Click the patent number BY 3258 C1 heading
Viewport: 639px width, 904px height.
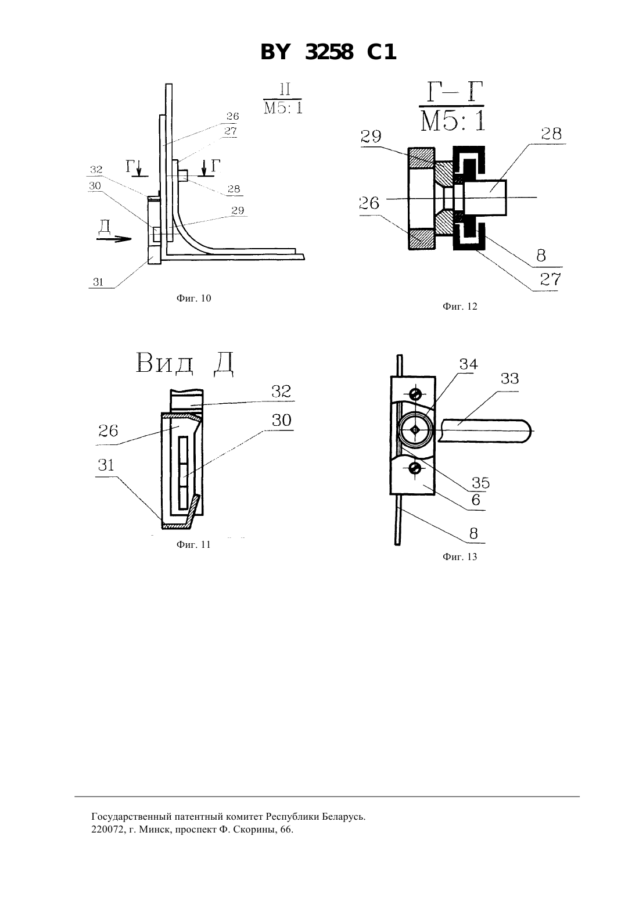[x=328, y=52]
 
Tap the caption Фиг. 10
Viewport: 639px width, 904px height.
[x=193, y=298]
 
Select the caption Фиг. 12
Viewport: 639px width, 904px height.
[x=460, y=306]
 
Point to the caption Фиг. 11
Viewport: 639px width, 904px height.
[x=193, y=544]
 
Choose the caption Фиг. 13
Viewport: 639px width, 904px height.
[x=460, y=557]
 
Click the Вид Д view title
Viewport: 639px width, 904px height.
[x=185, y=363]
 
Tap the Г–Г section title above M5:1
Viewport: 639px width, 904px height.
[x=452, y=92]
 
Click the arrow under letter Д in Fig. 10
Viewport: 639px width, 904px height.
[x=114, y=239]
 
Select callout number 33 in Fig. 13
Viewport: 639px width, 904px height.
[x=509, y=379]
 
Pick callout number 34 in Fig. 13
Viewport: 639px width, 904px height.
[x=468, y=364]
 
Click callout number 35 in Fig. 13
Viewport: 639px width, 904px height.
[x=481, y=483]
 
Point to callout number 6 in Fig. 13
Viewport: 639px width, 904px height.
[x=476, y=500]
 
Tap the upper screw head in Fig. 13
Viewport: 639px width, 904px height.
[x=415, y=393]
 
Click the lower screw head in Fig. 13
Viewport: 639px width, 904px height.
[x=415, y=468]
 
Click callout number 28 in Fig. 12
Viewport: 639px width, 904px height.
[x=551, y=134]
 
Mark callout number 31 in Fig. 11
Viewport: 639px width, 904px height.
[x=106, y=465]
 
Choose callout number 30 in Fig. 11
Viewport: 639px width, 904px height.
[x=282, y=420]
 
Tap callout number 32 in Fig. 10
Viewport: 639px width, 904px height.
[x=96, y=170]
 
